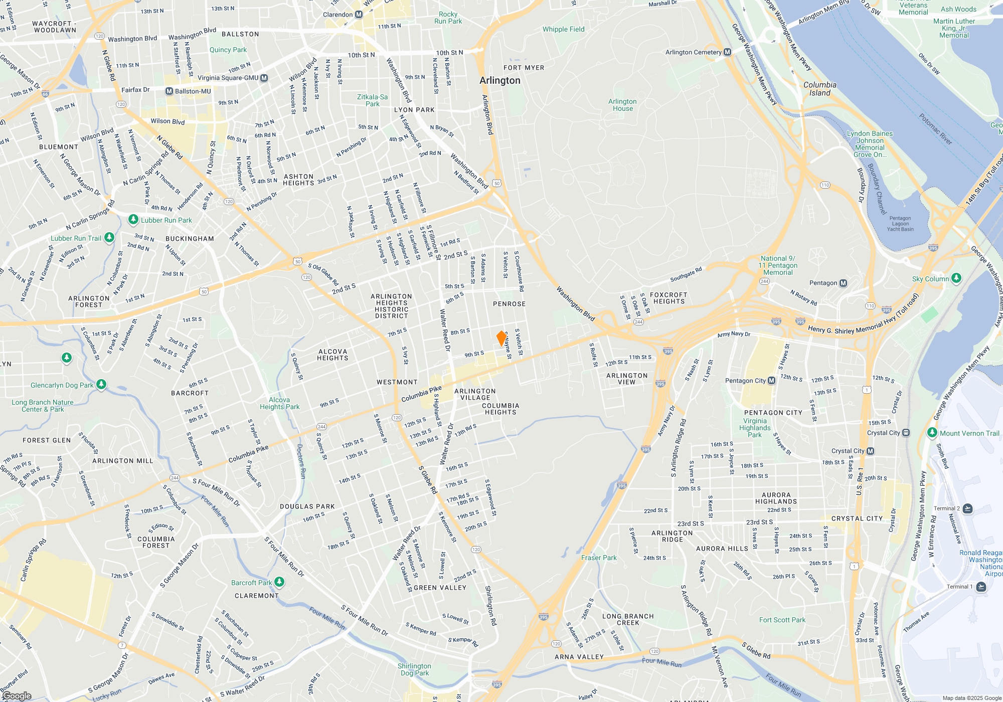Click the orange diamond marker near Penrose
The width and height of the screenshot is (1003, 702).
501,338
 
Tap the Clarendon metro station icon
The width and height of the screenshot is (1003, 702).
359,15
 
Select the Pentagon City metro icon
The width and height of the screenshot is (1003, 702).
771,381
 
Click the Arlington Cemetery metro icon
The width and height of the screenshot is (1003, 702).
728,52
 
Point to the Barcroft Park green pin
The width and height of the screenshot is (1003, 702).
279,582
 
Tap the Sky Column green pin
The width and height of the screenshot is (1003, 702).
956,278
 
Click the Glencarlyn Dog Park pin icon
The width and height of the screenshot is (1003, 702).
101,385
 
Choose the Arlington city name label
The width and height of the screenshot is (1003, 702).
499,80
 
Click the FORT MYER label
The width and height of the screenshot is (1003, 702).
524,68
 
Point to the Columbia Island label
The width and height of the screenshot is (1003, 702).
820,89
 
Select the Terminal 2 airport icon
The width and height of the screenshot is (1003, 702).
967,508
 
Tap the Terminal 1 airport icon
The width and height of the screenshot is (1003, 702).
980,587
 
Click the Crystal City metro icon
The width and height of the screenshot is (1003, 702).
870,451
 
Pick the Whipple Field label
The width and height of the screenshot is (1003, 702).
563,29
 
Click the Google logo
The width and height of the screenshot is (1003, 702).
17,696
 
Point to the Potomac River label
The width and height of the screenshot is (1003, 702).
935,129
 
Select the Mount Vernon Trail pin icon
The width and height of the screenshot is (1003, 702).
932,433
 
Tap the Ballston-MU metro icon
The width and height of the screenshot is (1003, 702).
170,91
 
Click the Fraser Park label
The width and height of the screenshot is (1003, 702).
599,558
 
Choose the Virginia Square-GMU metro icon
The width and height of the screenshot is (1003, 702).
264,78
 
